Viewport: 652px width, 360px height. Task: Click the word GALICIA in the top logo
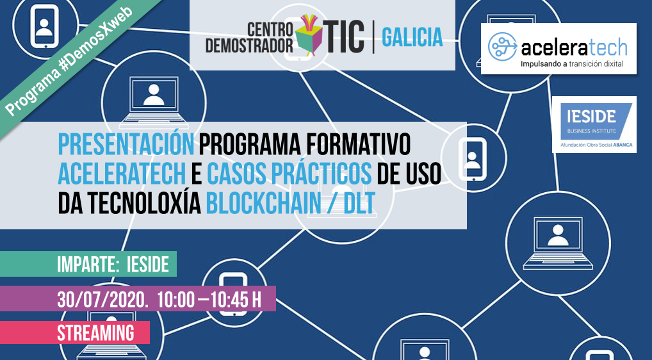[x=412, y=37]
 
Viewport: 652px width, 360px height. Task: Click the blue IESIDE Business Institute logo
[x=594, y=119]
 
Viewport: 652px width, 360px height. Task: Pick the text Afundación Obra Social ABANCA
[x=594, y=145]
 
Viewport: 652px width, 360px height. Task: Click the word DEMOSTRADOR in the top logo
[x=261, y=45]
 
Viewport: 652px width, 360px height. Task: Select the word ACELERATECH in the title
[x=124, y=174]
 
